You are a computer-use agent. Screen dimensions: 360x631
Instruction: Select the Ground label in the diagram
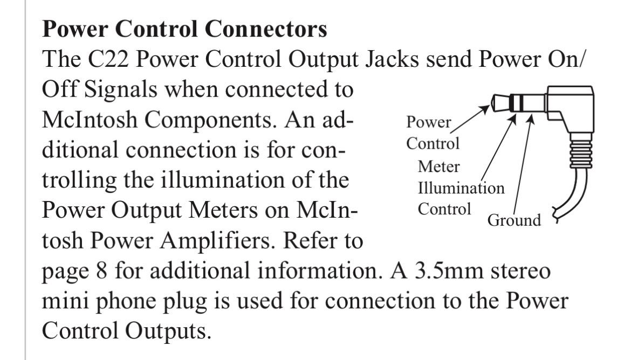click(514, 220)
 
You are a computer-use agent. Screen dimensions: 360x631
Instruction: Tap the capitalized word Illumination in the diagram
click(462, 189)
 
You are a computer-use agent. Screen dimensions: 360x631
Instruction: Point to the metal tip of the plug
click(498, 103)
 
